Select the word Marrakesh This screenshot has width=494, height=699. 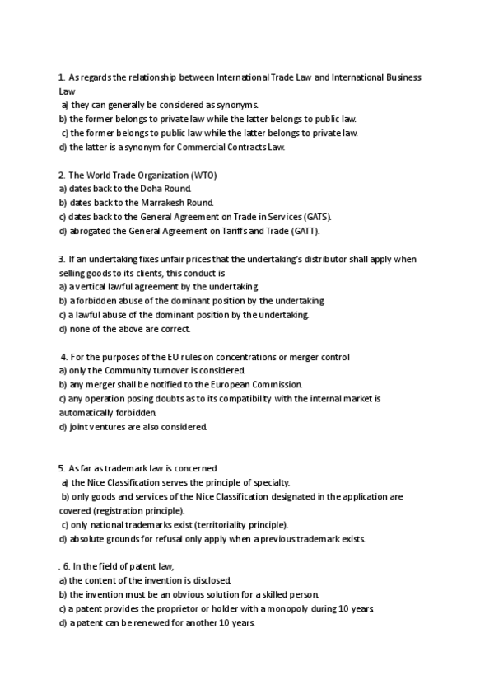[x=167, y=203]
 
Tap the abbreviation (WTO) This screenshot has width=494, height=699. [x=200, y=175]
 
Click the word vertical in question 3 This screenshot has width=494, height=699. [x=91, y=287]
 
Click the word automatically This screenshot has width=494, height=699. [x=91, y=412]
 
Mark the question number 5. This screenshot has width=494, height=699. [x=62, y=468]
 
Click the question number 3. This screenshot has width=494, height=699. [x=62, y=259]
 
